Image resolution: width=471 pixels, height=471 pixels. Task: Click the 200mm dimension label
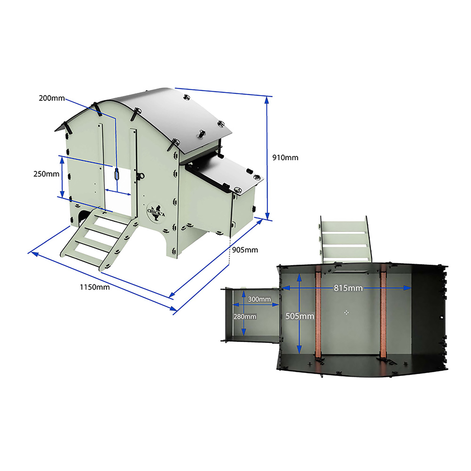click(x=52, y=98)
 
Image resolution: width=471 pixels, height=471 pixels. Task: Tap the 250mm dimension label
click(x=46, y=174)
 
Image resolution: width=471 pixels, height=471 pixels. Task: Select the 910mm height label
click(x=285, y=157)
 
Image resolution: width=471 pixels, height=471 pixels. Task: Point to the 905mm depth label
click(x=245, y=250)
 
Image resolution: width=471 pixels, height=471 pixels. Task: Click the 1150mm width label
click(x=95, y=287)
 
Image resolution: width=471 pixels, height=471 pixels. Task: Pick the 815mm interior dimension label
click(x=348, y=288)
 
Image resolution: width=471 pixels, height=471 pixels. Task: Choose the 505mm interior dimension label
click(x=300, y=316)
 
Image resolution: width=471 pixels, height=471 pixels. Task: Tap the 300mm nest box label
click(x=259, y=299)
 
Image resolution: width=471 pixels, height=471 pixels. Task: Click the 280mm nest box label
click(x=245, y=317)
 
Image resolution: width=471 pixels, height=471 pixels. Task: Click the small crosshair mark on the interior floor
click(x=346, y=312)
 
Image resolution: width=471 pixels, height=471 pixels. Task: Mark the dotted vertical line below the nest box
click(x=229, y=251)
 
